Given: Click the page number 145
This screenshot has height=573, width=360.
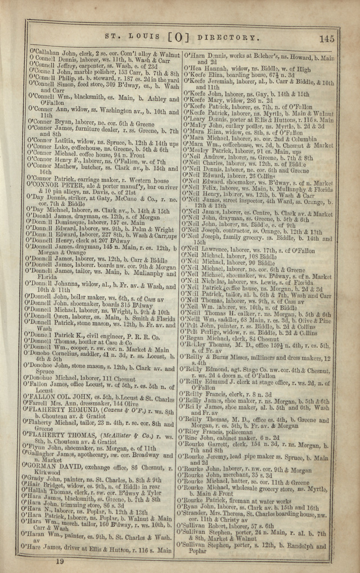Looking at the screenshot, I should [x=327, y=39].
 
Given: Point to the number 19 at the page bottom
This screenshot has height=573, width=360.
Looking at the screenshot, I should [x=60, y=561].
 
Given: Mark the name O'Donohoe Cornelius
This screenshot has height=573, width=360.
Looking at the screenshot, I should [x=58, y=341].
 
